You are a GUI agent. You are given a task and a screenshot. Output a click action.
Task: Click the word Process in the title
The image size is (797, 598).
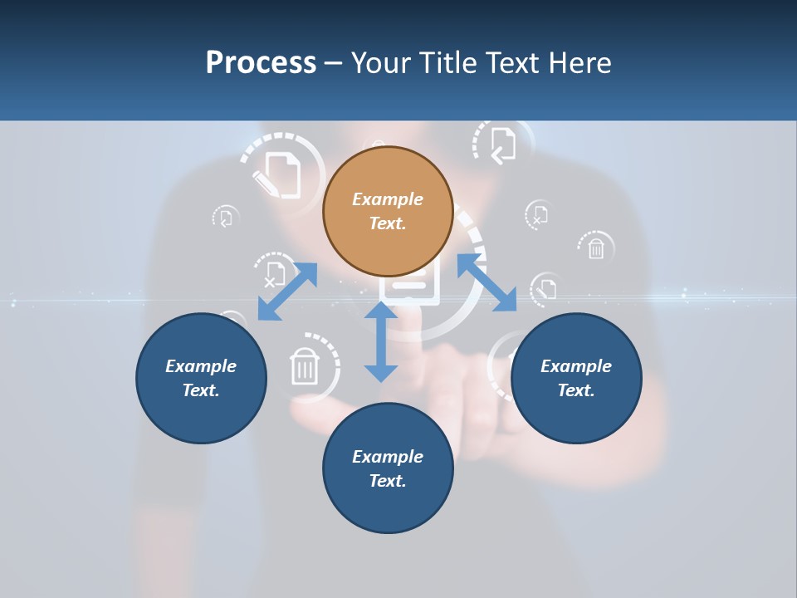[261, 63]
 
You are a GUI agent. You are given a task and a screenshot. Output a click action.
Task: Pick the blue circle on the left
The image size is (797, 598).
[201, 415]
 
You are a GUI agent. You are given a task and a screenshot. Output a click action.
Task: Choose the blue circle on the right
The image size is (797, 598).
[576, 415]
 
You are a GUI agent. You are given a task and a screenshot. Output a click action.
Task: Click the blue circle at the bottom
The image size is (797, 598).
[388, 507]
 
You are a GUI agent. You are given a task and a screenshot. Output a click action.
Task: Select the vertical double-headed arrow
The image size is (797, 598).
[381, 342]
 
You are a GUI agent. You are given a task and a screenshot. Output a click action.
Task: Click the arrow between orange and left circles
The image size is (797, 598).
[287, 292]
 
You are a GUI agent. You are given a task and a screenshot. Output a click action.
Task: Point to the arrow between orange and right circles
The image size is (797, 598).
[487, 283]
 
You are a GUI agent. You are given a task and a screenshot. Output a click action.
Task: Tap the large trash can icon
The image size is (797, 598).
[305, 365]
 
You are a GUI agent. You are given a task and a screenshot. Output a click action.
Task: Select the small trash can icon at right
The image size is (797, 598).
[596, 248]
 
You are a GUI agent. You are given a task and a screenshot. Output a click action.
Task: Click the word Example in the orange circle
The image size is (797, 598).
[388, 199]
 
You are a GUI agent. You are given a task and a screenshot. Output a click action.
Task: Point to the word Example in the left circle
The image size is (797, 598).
[201, 366]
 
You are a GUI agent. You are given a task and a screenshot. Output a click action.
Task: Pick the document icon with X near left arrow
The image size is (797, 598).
[274, 273]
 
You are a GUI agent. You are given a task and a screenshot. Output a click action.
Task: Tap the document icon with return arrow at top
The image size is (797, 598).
[502, 145]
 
